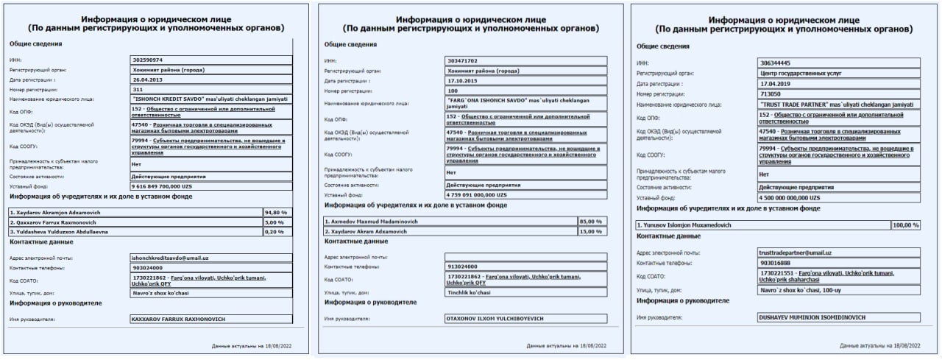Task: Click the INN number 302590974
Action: tap(147, 60)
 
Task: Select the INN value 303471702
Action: tap(463, 60)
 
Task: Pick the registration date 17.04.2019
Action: tap(775, 84)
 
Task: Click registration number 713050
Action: tap(772, 94)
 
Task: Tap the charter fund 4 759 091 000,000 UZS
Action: tap(477, 194)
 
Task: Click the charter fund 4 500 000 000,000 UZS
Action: tap(790, 198)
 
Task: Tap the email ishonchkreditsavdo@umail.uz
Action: tap(170, 258)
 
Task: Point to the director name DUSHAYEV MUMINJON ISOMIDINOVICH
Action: tap(810, 317)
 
